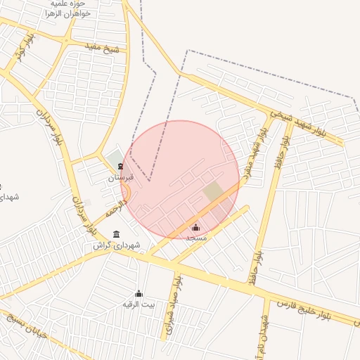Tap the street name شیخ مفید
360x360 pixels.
[102, 48]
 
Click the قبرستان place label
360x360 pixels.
[120, 179]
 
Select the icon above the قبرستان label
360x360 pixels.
[121, 167]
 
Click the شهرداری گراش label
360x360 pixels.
[117, 245]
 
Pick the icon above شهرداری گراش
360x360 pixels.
[116, 234]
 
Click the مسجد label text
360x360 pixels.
[195, 238]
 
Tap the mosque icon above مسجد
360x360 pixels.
[195, 228]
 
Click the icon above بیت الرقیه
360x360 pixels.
[138, 293]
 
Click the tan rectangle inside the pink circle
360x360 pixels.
[213, 191]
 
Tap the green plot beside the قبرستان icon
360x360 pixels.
[114, 159]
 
